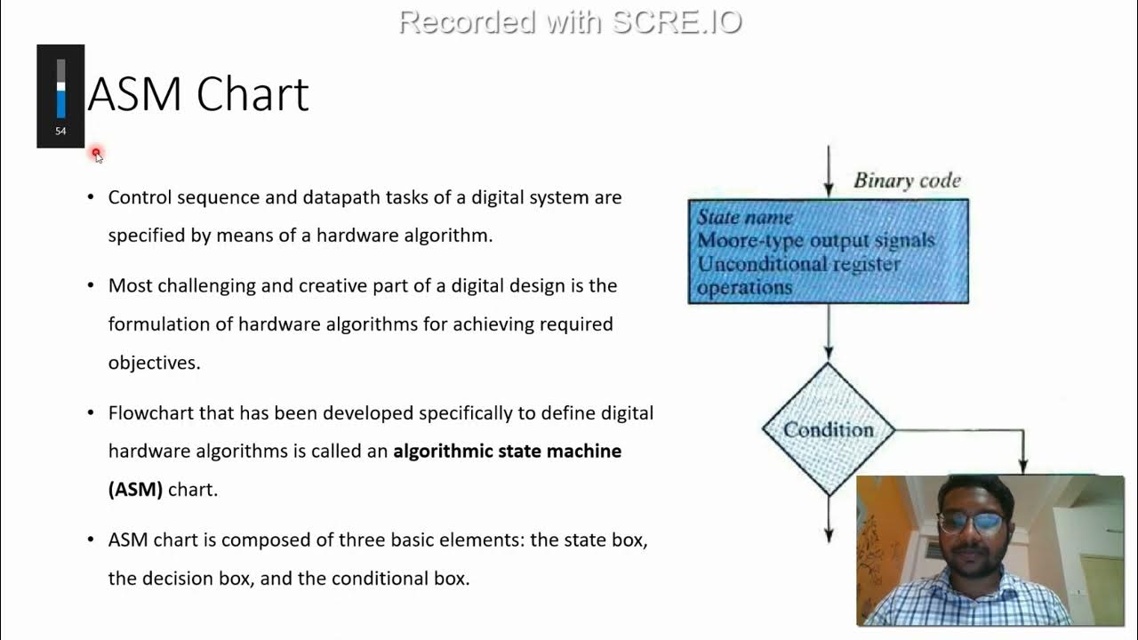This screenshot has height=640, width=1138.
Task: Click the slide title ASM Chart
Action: click(x=197, y=94)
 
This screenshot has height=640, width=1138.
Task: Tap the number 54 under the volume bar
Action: click(x=60, y=132)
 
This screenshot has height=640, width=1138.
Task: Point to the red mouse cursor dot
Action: click(x=96, y=154)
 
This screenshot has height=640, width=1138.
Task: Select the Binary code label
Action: click(x=907, y=180)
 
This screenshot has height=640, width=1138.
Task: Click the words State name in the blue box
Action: click(x=744, y=217)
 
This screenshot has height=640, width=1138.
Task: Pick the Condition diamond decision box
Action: click(x=828, y=429)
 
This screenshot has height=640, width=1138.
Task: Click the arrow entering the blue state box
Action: click(x=829, y=173)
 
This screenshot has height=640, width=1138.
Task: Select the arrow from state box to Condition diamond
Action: click(x=829, y=333)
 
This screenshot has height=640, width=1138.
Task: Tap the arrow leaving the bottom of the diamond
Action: click(x=829, y=520)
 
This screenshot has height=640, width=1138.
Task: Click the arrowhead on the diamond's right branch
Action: click(x=1022, y=464)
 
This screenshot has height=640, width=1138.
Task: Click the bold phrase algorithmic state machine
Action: click(x=507, y=452)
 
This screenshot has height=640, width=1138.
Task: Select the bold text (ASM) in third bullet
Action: click(x=135, y=490)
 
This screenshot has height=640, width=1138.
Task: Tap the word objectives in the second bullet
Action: click(x=153, y=363)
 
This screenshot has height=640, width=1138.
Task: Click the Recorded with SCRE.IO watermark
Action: click(x=570, y=21)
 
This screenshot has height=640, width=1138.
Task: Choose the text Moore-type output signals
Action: click(x=815, y=241)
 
